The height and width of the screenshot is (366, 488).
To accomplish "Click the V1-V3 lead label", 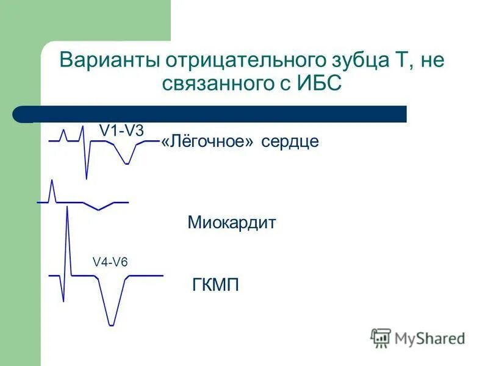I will click(121, 130).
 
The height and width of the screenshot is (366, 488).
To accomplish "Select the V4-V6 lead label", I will click(110, 262).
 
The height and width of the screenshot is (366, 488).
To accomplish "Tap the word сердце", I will click(290, 142).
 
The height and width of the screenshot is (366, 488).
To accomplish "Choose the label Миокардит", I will click(231, 223).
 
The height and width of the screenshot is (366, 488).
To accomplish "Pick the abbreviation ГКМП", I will click(215, 284).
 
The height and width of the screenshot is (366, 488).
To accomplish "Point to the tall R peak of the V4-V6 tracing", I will click(66, 210).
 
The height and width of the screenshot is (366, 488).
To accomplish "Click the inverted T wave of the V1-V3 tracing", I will click(126, 162).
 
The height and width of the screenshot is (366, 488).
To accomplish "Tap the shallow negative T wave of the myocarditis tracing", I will click(99, 209).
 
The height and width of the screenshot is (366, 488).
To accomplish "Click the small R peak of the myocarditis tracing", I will click(52, 182).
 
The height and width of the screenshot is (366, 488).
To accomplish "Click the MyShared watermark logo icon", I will click(381, 337).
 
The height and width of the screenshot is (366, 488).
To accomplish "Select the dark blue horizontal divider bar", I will click(220, 114).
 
